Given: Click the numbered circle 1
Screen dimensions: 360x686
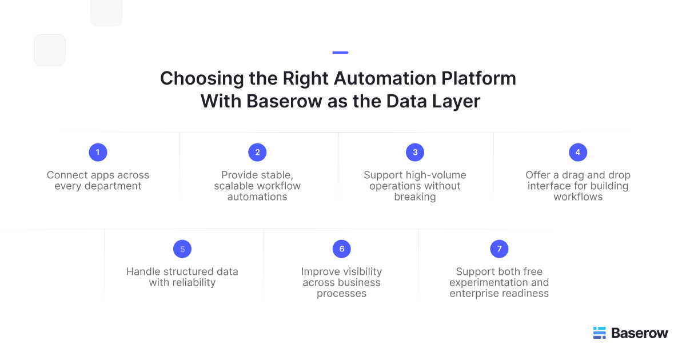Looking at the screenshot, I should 98,152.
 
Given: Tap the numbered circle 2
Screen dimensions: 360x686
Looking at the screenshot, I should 257,152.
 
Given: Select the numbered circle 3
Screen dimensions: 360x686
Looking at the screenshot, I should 415,152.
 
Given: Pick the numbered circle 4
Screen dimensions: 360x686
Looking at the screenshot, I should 578,152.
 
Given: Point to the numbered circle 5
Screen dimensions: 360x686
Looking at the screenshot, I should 182,249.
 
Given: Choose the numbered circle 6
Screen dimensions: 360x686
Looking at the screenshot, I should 341,249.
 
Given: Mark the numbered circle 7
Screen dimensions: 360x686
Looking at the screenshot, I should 499,249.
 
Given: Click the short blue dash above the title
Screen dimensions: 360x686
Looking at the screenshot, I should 340,53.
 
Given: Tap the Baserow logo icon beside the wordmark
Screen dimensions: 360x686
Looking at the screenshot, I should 599,333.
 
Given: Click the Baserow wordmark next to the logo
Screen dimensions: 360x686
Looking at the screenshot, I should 639,333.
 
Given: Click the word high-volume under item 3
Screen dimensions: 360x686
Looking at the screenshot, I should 436,175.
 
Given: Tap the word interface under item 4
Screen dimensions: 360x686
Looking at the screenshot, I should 549,186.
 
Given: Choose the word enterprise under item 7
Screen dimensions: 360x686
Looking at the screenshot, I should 473,293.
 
